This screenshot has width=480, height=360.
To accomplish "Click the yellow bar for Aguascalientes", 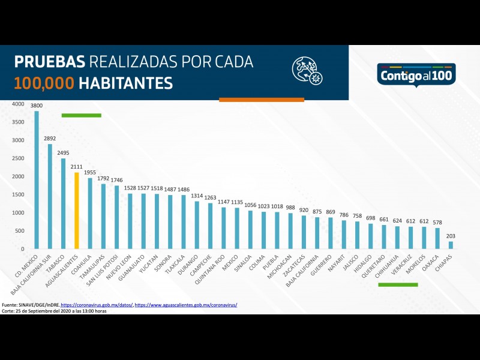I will [76, 211].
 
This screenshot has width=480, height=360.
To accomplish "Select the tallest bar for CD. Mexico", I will [37, 180].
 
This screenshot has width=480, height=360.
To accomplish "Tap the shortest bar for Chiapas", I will [451, 245].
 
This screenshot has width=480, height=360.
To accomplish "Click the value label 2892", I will [50, 138].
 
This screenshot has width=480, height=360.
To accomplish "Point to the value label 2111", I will [76, 167].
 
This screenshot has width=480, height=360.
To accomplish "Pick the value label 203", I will [451, 236].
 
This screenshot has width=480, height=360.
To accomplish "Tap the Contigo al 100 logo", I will [416, 75].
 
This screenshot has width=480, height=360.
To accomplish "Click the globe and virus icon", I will [307, 70].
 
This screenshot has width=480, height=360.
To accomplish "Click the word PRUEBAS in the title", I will [50, 62].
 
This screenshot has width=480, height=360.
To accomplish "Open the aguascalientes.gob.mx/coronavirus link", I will [186, 305].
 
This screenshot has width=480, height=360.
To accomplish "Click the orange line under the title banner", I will [262, 100].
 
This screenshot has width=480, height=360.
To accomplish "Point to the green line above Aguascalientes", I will [81, 115].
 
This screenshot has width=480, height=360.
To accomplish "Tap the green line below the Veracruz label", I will [398, 284].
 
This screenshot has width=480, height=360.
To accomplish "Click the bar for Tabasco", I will [63, 203].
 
